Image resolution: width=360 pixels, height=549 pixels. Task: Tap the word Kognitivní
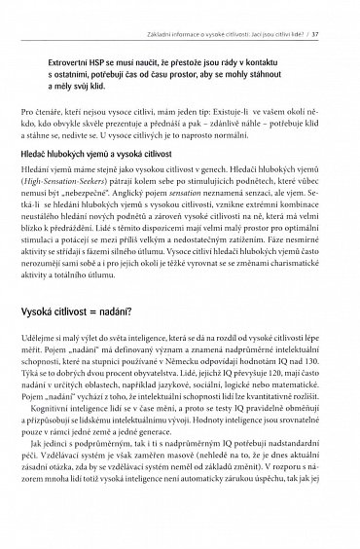coord(72,462)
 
